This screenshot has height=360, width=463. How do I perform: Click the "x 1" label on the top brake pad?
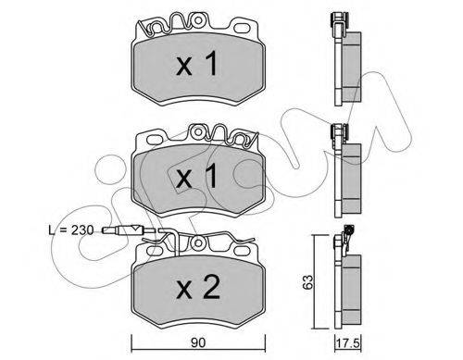coord(196,64)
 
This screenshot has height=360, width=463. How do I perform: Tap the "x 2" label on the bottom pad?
coord(198,288)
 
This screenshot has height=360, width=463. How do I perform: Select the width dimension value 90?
coord(198,343)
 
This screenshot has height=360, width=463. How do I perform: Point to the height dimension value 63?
coord(308,281)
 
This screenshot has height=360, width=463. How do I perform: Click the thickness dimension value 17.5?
coord(348,344)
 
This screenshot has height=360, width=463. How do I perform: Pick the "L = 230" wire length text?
coord(71,230)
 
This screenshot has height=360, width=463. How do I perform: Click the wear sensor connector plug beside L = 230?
coord(122,230)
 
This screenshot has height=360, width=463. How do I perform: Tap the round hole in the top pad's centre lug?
coord(198,20)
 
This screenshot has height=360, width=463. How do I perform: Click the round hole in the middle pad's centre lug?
coord(198,132)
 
